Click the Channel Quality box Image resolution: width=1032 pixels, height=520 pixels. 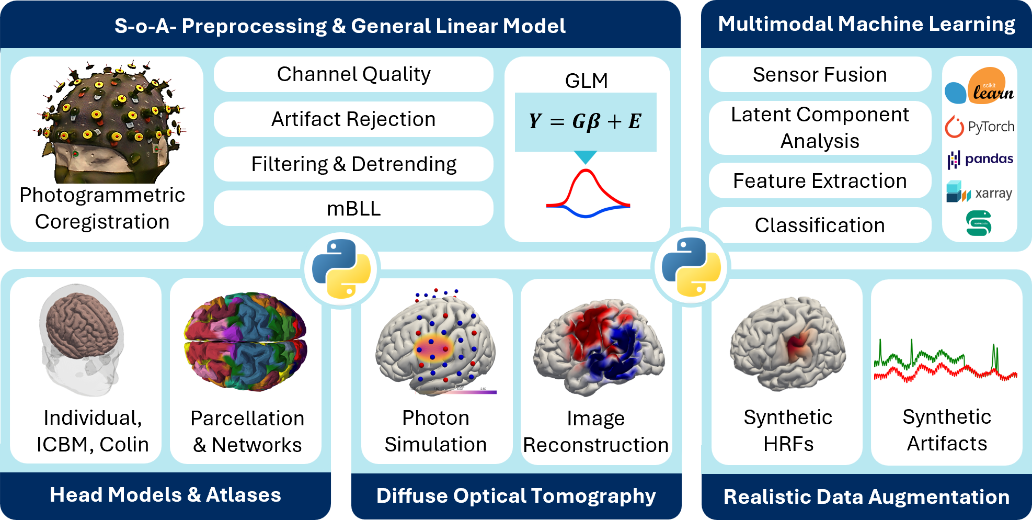click(x=353, y=74)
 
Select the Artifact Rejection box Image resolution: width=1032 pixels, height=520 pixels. click(x=353, y=119)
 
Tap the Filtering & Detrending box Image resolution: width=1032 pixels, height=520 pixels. click(x=353, y=164)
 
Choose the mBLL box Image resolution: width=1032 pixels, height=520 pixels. click(x=353, y=209)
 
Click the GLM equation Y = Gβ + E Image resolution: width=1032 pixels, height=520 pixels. click(x=586, y=121)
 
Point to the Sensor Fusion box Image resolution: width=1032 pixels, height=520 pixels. click(x=820, y=75)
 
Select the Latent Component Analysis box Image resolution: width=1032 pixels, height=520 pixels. click(x=820, y=128)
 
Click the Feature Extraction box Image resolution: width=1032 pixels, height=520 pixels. click(x=820, y=181)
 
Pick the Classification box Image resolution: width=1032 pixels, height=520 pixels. click(x=820, y=225)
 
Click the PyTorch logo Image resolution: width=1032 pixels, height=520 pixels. click(x=980, y=127)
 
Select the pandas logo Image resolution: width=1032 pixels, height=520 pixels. click(x=980, y=159)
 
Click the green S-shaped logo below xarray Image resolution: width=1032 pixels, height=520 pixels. click(x=979, y=223)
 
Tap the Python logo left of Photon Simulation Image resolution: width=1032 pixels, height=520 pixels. click(x=341, y=269)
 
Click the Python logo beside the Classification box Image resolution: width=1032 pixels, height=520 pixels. click(x=691, y=267)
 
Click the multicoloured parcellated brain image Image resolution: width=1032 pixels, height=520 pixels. click(x=245, y=341)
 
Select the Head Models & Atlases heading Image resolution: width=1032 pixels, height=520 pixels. click(x=165, y=495)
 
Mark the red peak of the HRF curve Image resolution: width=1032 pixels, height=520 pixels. click(x=586, y=171)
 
